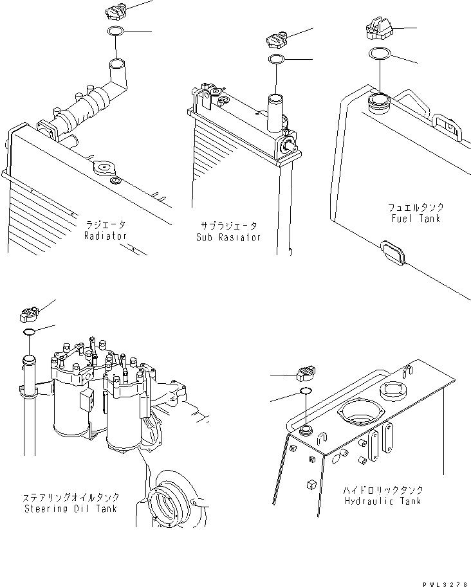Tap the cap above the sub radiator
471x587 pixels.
[x=276, y=41]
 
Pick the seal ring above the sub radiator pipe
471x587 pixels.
[x=277, y=60]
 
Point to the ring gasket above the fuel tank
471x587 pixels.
[x=379, y=54]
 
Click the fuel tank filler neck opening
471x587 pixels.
[x=378, y=101]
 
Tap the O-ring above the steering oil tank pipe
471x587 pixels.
[x=28, y=332]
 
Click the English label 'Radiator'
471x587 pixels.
[x=106, y=236]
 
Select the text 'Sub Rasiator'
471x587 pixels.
[x=228, y=237]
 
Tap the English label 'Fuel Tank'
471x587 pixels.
[x=415, y=219]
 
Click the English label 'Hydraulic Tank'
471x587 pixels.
[x=383, y=501]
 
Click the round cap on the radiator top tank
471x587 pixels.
[x=102, y=168]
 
